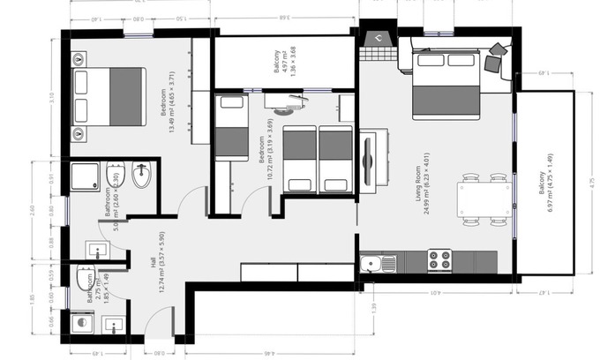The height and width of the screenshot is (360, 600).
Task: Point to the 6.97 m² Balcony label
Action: pyautogui.click(x=544, y=184)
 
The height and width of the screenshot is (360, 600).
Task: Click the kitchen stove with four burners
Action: pyautogui.click(x=439, y=260)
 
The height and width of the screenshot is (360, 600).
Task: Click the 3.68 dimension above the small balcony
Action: pyautogui.click(x=284, y=17)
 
